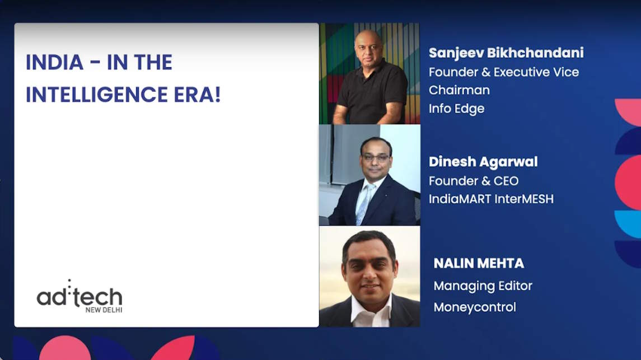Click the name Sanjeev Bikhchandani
click(506, 53)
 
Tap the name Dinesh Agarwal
click(483, 162)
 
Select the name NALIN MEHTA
click(479, 263)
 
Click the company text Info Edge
click(456, 108)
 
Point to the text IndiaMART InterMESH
click(491, 199)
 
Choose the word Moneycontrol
click(475, 307)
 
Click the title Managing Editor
click(483, 286)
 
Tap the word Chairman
click(459, 90)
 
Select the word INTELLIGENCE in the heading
click(96, 95)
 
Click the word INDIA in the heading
click(54, 63)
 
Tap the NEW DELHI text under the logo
click(104, 310)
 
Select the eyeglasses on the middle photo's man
click(375, 157)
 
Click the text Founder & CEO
click(474, 181)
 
